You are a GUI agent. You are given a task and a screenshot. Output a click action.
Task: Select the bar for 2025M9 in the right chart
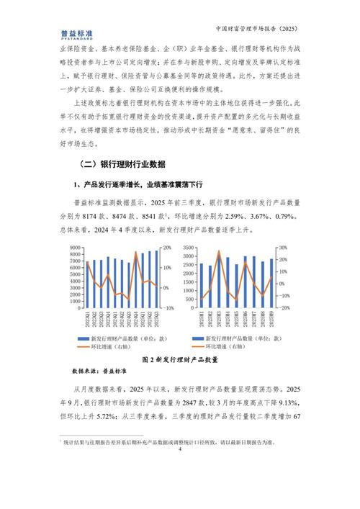tap(271, 283)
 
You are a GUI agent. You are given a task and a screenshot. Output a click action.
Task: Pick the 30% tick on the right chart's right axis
tap(283, 248)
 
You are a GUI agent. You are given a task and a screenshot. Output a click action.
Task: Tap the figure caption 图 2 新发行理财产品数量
tap(179, 358)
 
